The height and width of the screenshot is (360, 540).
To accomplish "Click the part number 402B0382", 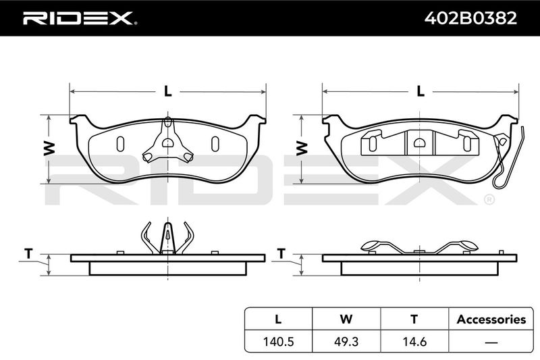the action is coord(470,18).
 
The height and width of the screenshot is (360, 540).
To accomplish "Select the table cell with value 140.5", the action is coord(278,341).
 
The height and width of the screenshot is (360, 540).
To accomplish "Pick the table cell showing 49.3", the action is coord(346,341).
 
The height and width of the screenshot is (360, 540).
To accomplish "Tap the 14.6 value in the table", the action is coord(414,341).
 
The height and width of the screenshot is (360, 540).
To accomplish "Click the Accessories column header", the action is coord(491,319).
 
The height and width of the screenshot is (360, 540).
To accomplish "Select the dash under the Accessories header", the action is coord(491,342).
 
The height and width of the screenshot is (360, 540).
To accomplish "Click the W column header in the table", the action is coord(346,319).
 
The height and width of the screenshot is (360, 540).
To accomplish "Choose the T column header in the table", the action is coord(414,319).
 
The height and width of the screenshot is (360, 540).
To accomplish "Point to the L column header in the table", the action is coord(278,319).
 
